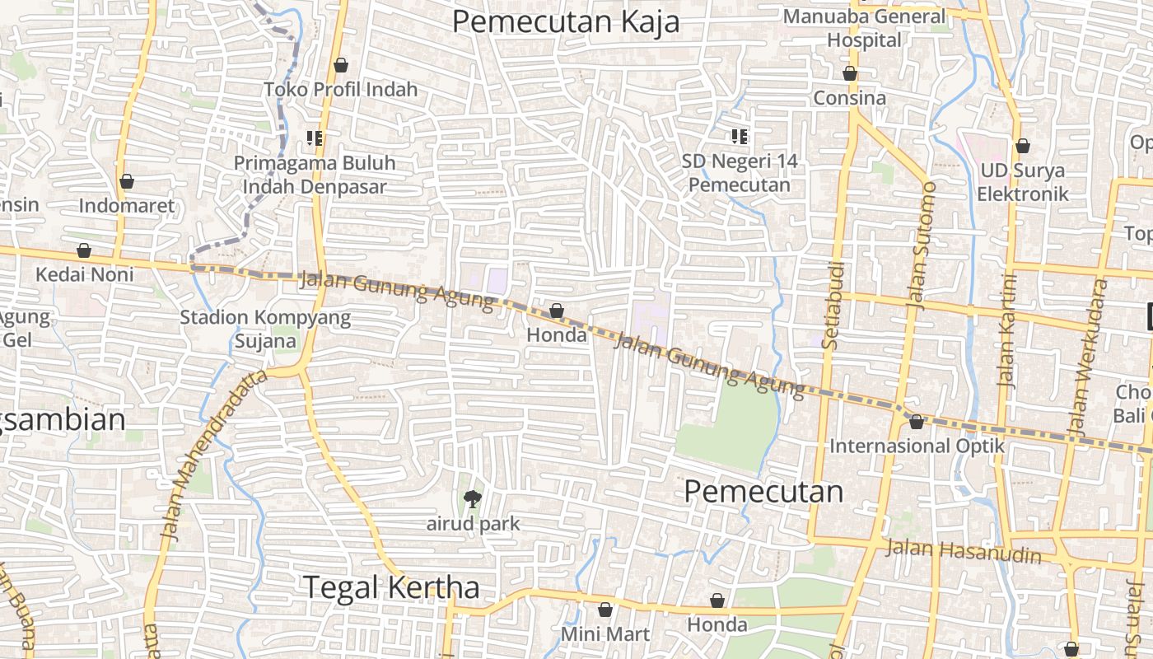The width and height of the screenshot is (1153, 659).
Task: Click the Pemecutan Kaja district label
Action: point(566,22)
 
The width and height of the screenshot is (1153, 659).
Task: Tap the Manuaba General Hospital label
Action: point(864,28)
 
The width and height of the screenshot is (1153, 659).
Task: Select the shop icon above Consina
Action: point(850,73)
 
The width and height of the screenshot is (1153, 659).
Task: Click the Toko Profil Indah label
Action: point(341,89)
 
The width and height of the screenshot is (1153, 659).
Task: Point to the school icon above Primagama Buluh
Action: point(314,138)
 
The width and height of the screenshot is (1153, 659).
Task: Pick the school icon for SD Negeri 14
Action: point(740,136)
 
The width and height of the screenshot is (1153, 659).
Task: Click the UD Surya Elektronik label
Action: point(1022,182)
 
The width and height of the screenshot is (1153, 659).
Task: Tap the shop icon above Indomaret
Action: point(127,181)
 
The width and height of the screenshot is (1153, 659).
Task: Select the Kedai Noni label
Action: point(84,274)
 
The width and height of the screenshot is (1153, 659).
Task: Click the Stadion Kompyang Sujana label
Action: point(265,329)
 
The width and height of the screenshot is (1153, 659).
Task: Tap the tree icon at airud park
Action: point(472,498)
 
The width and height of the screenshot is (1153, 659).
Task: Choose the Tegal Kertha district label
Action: point(392,587)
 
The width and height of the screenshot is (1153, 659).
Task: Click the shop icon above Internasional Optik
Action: point(917,422)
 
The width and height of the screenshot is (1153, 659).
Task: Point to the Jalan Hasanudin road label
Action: point(964,551)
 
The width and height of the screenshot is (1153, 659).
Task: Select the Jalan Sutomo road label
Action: point(922,245)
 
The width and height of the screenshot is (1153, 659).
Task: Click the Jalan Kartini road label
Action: point(1007,329)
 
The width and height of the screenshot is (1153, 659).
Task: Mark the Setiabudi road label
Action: point(833,305)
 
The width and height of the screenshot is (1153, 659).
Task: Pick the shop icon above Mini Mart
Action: point(605,610)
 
